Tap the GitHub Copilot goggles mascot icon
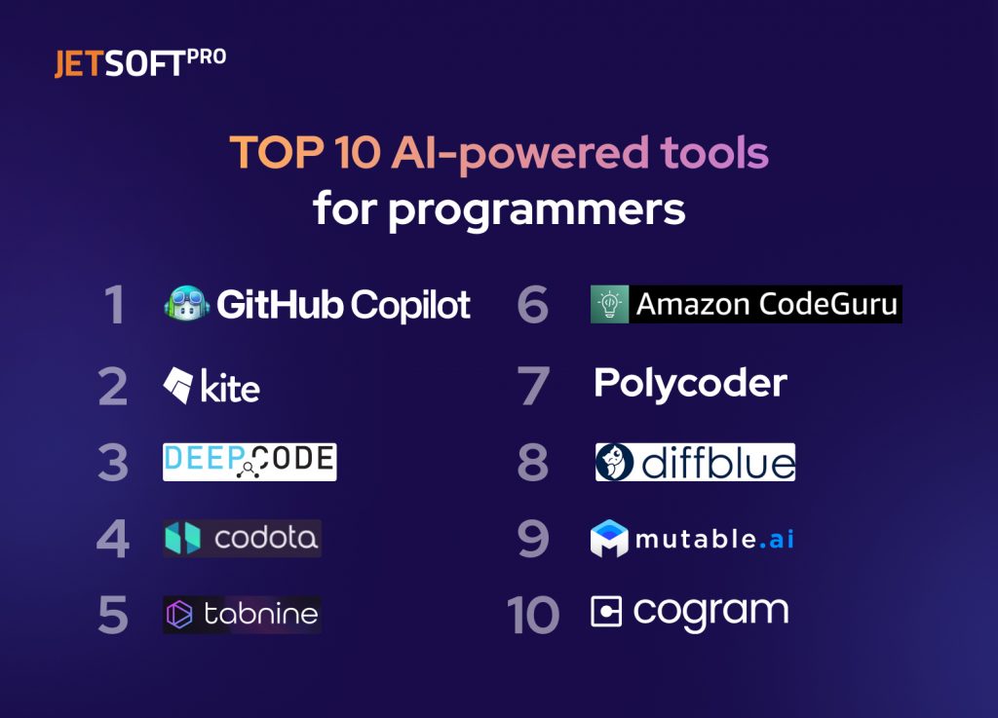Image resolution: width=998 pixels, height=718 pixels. pos(185,305)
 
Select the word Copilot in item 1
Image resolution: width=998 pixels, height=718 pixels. pos(410,306)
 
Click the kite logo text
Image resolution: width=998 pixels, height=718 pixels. pos(230,388)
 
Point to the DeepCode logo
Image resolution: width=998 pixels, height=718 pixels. pos(249,462)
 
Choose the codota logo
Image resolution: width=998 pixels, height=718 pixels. pos(242,538)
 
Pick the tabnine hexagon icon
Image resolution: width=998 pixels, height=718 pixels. pos(180,614)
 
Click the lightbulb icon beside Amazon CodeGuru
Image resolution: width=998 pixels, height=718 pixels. pos(609,305)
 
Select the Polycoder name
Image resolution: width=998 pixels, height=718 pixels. pos(690,384)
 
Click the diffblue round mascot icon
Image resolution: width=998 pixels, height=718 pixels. pos(615,462)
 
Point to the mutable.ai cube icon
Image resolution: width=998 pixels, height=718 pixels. pos(609,539)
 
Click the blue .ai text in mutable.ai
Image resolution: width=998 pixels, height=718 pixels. pos(776,539)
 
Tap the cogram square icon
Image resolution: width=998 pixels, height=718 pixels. pos(606,612)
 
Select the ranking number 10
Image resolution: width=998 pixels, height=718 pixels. pos(533,615)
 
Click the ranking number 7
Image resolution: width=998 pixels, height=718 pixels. pos(533,386)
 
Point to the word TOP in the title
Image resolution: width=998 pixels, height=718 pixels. pos(268,153)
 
